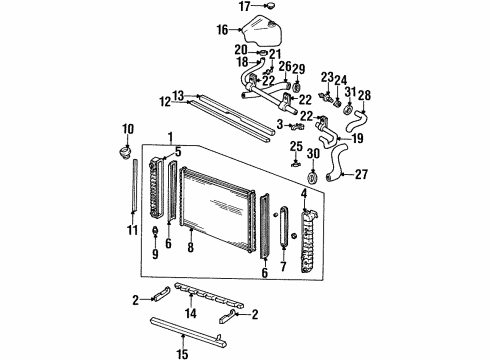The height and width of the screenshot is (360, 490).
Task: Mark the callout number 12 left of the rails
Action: click(162, 100)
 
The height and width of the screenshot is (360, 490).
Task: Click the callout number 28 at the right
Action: click(364, 95)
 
